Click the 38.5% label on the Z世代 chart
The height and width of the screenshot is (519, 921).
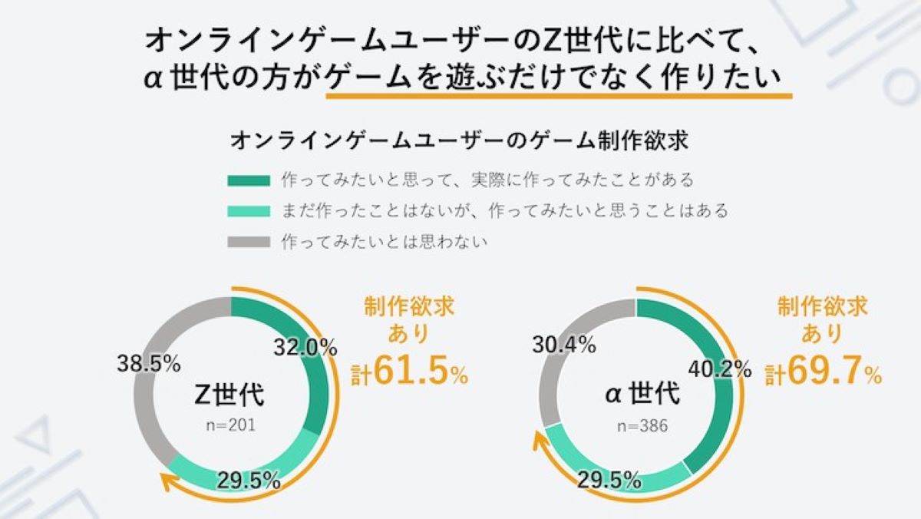click(148, 362)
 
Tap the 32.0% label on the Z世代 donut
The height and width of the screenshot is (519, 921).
click(305, 348)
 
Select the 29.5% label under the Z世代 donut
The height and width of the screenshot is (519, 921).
click(247, 481)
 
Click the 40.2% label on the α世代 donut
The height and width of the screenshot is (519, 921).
click(719, 369)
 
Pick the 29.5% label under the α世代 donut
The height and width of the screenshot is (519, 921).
click(610, 481)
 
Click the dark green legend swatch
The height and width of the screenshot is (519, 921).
click(249, 180)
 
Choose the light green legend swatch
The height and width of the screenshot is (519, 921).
click(249, 210)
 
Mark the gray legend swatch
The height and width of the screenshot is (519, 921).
click(249, 241)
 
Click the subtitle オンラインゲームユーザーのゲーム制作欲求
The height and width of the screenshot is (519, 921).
click(458, 141)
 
